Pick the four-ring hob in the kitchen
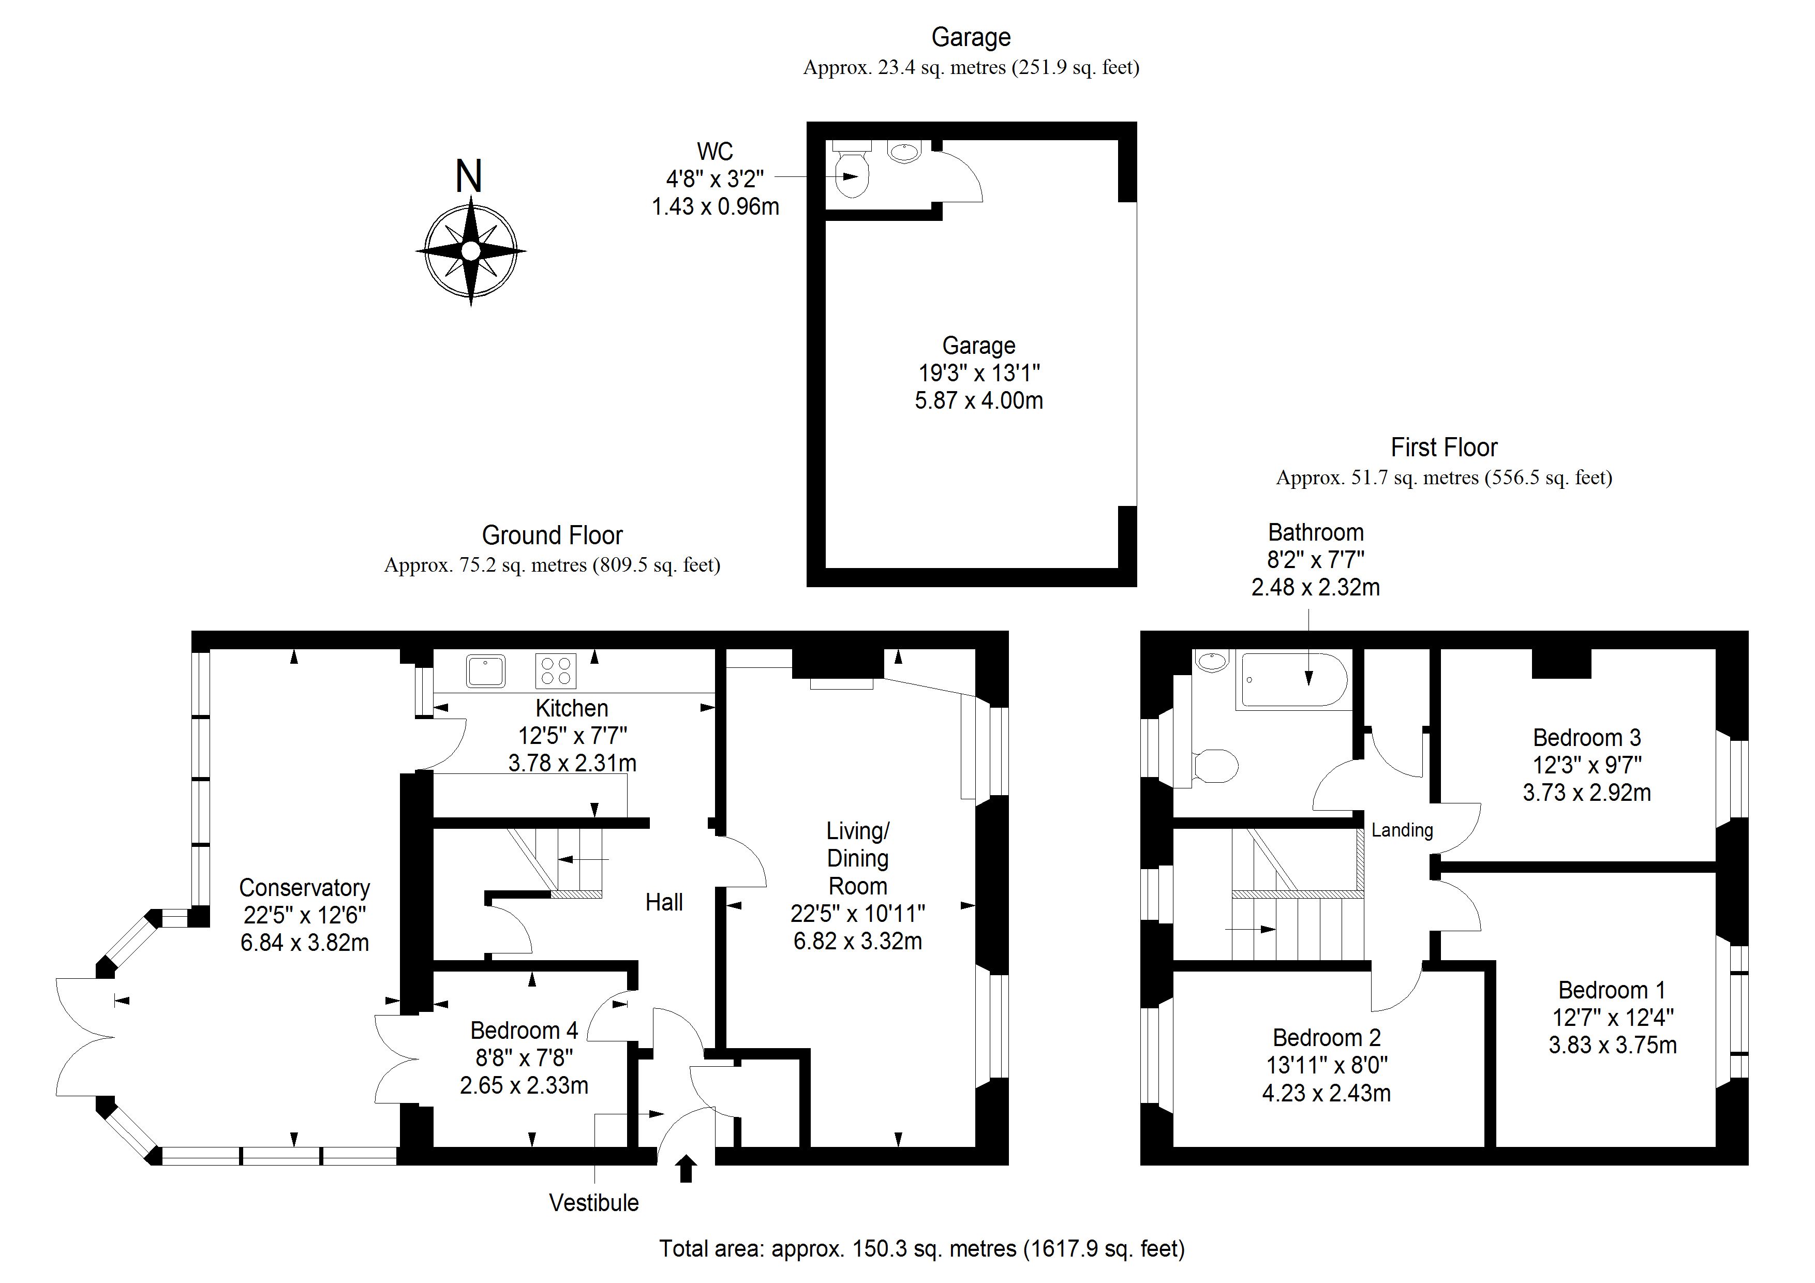tap(556, 671)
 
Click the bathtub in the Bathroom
tap(1293, 680)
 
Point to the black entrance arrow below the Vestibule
tap(686, 1168)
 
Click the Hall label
tap(664, 902)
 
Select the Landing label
tap(1402, 830)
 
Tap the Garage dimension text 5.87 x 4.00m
tap(979, 401)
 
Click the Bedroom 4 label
tap(524, 1031)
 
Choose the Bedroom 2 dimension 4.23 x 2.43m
tap(1327, 1093)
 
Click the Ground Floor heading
tap(553, 536)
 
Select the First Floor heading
tap(1444, 447)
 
